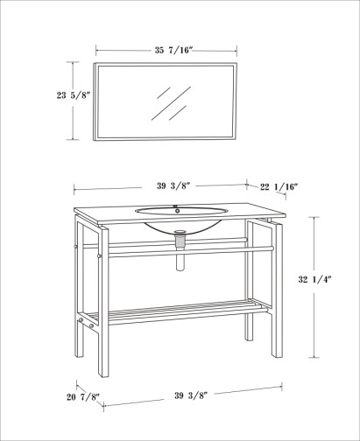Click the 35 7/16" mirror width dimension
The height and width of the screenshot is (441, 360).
(x=173, y=50)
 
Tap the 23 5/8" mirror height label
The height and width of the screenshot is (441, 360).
(x=72, y=95)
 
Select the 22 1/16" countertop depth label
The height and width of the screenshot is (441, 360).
(x=279, y=186)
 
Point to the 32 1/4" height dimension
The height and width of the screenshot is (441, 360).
(x=314, y=279)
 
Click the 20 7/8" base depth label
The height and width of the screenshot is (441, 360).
(x=83, y=397)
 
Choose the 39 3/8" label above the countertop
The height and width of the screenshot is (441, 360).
(x=173, y=185)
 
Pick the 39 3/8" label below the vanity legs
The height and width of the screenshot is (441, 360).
(x=191, y=395)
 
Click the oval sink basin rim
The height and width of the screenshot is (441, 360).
(x=181, y=211)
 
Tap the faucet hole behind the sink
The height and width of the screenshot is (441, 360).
(x=177, y=210)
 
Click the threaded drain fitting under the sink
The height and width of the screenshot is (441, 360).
(x=180, y=241)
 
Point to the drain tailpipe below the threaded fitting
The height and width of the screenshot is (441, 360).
(x=180, y=261)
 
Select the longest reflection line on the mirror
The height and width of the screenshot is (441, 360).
(x=171, y=103)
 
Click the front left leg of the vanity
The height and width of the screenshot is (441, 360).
(x=103, y=301)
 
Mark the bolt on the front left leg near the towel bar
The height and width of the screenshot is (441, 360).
(x=99, y=256)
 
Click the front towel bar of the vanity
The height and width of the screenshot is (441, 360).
(x=191, y=252)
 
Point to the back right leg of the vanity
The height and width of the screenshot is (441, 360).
(x=249, y=281)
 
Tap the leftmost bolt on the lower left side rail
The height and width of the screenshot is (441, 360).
(x=81, y=320)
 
